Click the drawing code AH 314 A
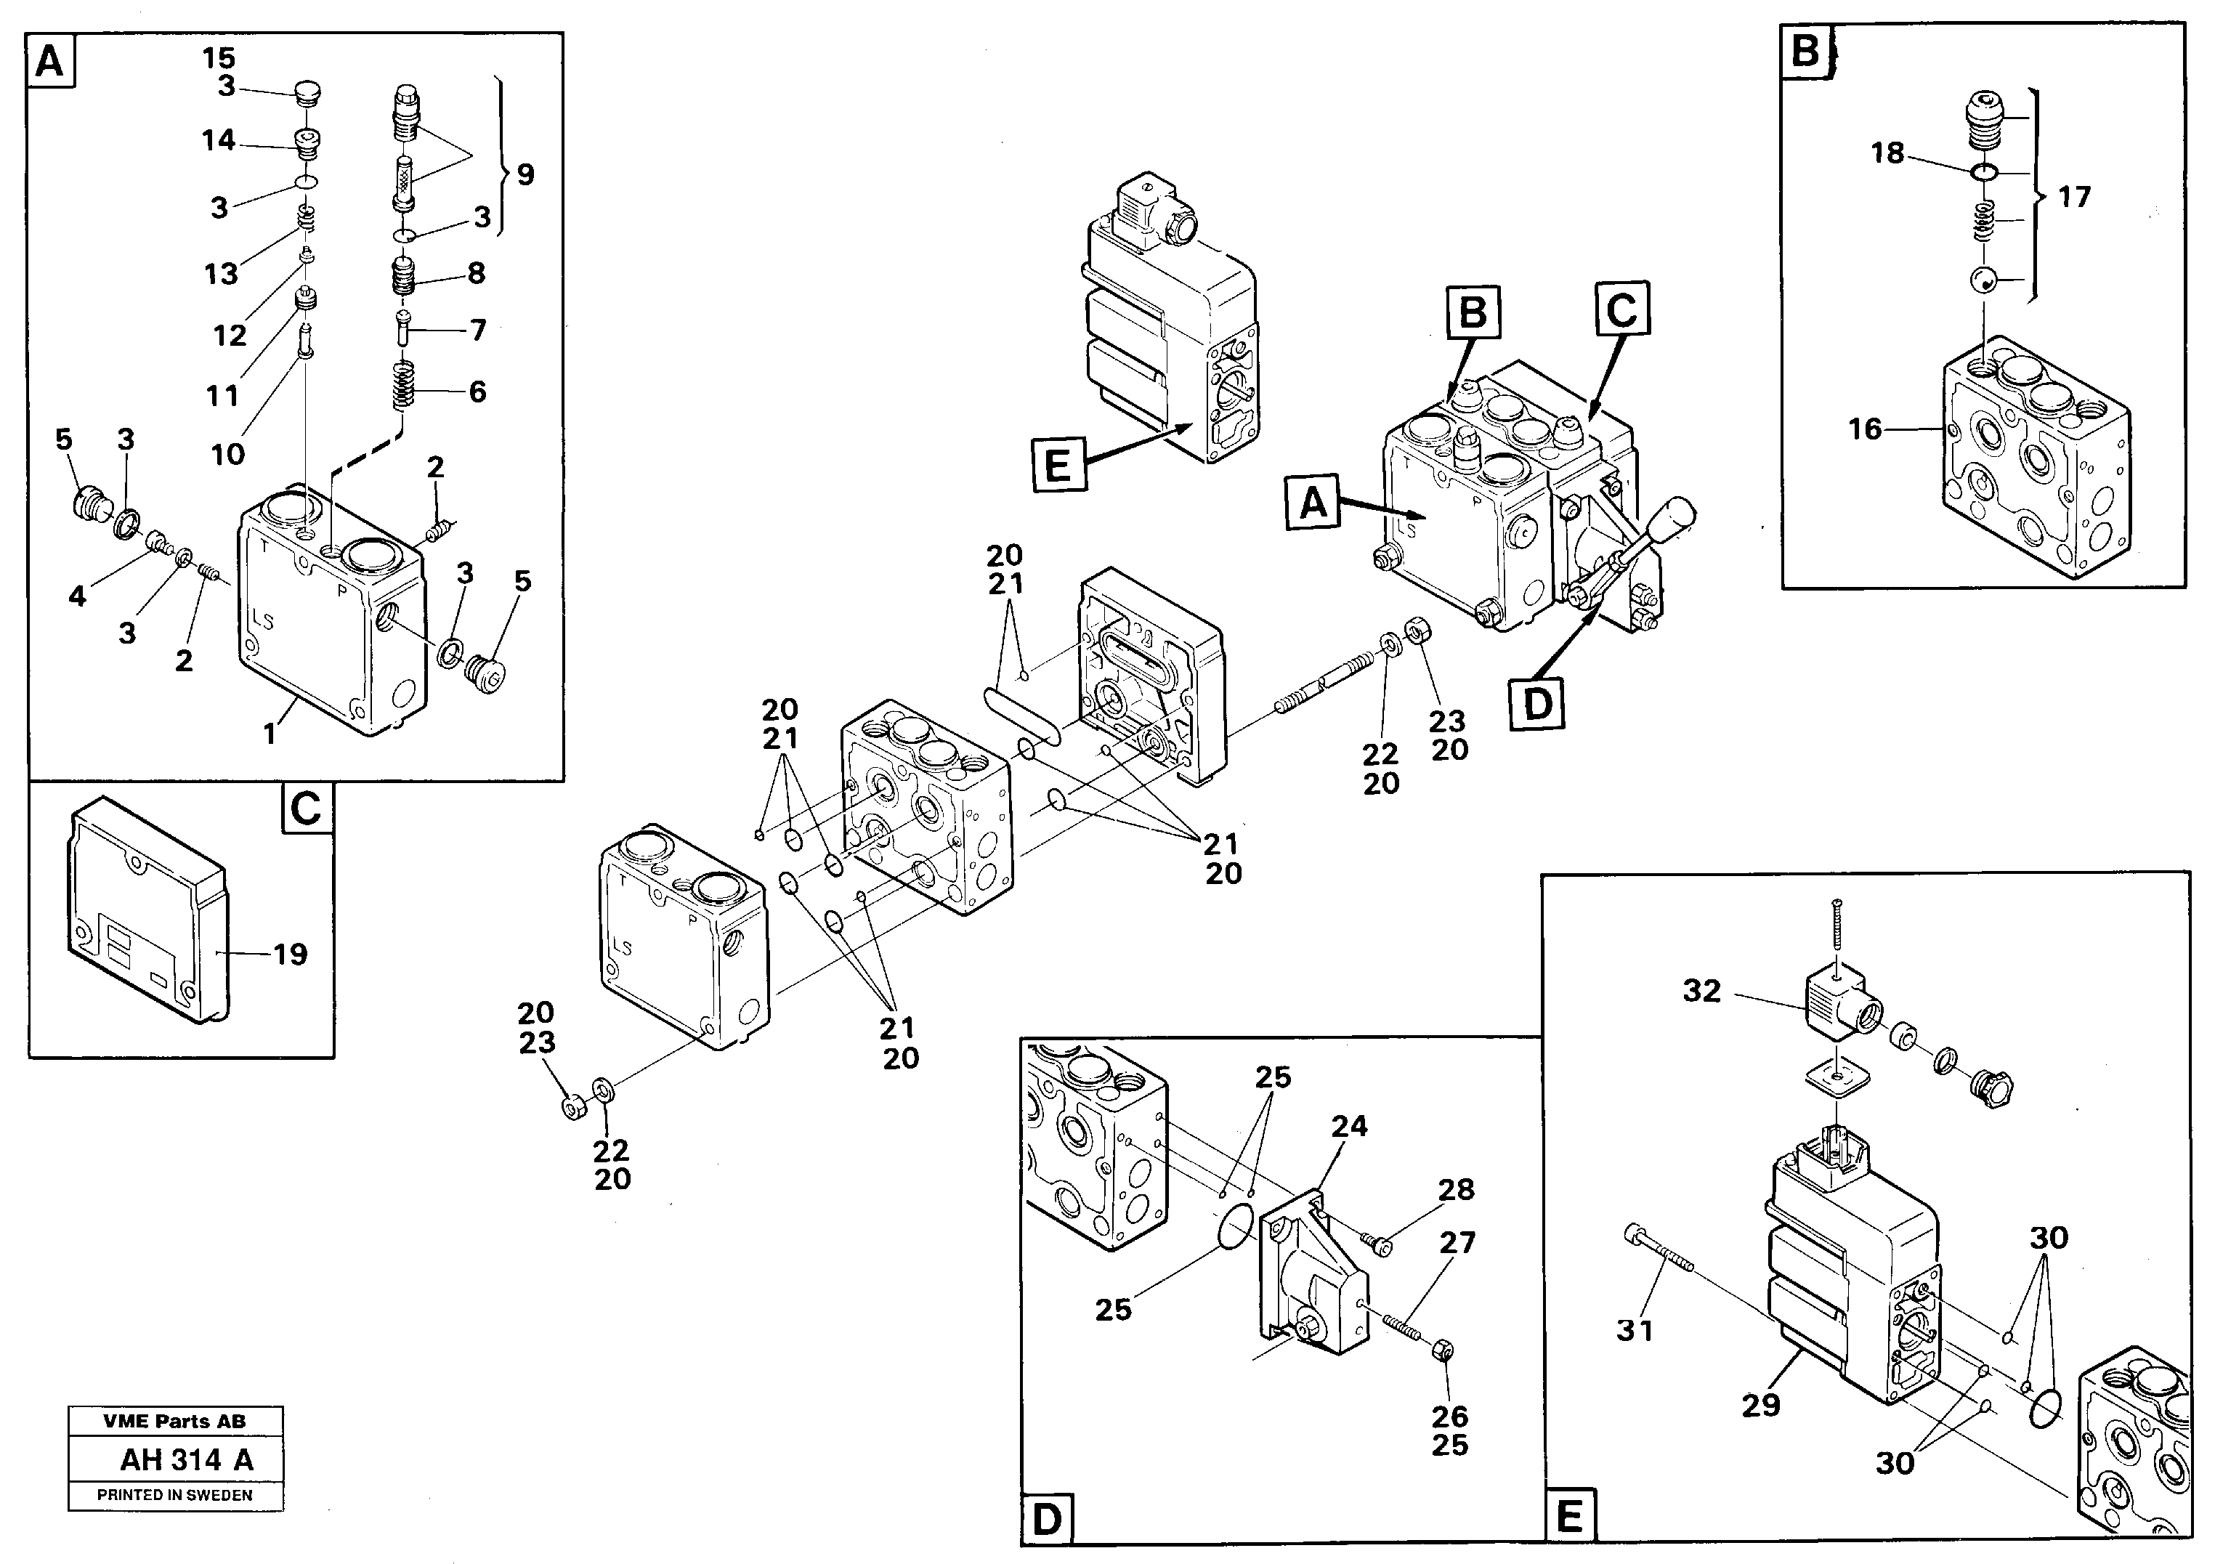click(x=185, y=1460)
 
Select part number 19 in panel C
click(x=289, y=955)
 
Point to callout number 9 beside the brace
click(x=525, y=174)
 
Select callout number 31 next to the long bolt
click(x=1635, y=1331)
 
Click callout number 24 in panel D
click(x=1348, y=1125)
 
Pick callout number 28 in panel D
click(x=1456, y=1190)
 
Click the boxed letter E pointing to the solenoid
click(x=1057, y=466)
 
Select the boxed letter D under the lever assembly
click(x=1536, y=703)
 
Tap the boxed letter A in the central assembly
click(x=1313, y=503)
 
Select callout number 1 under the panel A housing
click(x=270, y=734)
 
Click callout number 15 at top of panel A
click(x=219, y=58)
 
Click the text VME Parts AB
click(x=174, y=1421)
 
